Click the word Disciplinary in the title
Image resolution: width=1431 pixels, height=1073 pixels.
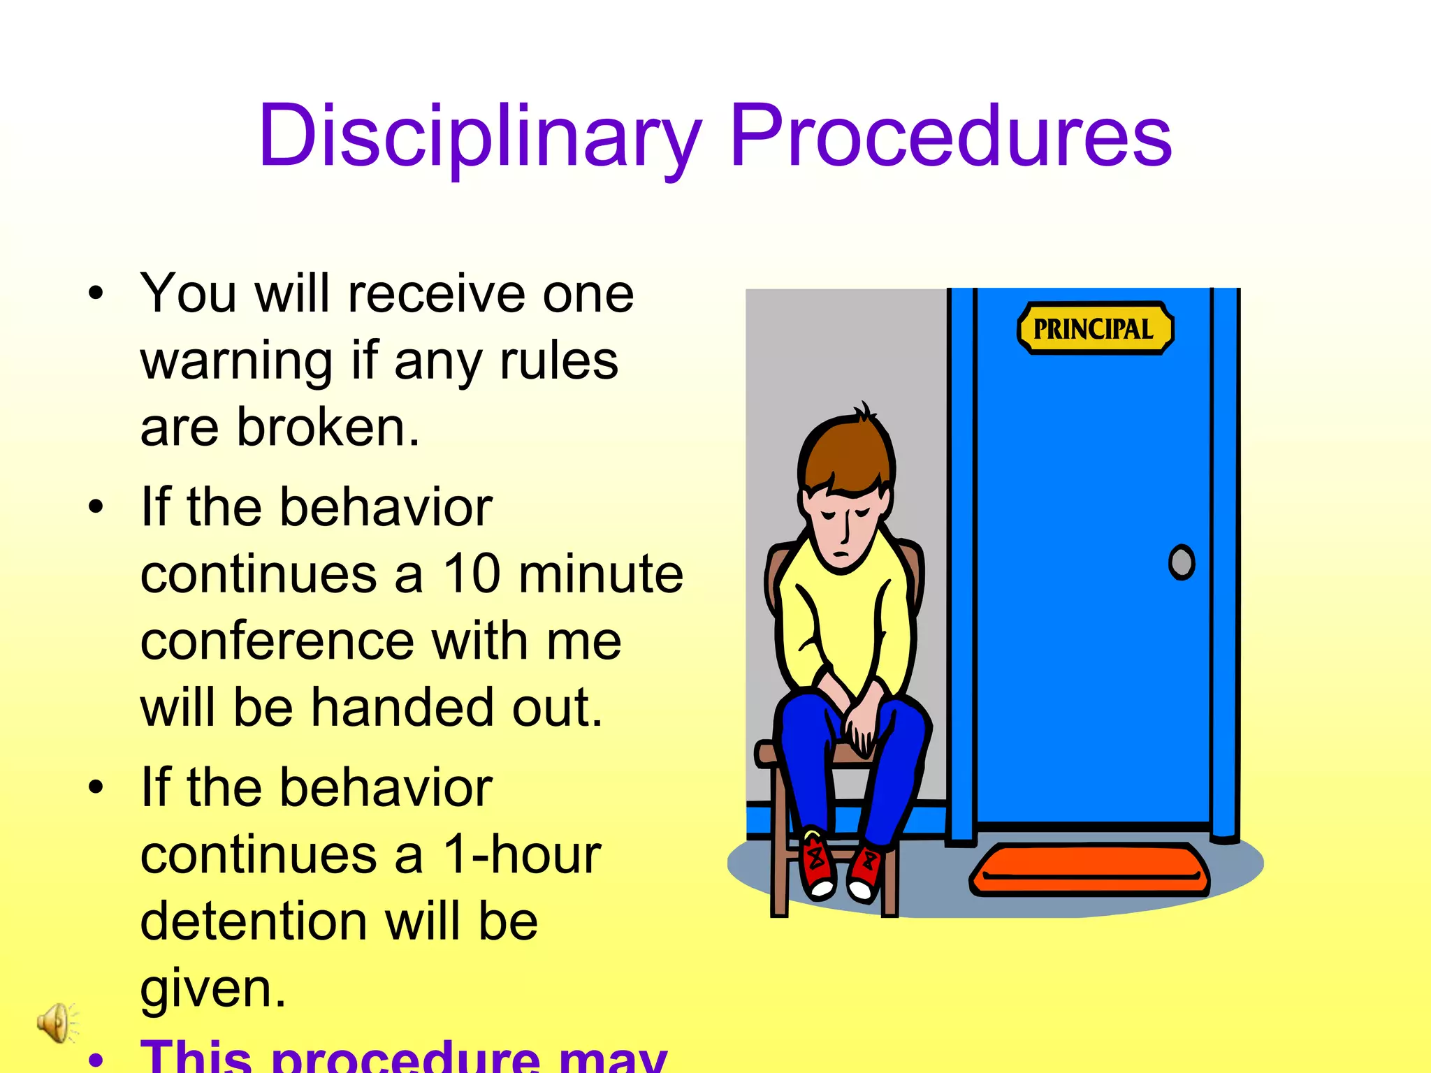pyautogui.click(x=479, y=136)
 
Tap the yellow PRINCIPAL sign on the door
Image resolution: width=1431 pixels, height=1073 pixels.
pyautogui.click(x=1094, y=329)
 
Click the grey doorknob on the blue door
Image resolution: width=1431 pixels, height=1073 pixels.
pyautogui.click(x=1182, y=562)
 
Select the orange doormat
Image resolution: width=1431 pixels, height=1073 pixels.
pyautogui.click(x=1090, y=870)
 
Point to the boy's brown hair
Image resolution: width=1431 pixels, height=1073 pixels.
pyautogui.click(x=845, y=454)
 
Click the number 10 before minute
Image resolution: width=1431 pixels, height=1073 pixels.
pyautogui.click(x=472, y=574)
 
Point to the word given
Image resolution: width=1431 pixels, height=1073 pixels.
pyautogui.click(x=213, y=989)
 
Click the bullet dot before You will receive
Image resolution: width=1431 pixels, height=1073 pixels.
pyautogui.click(x=96, y=294)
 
